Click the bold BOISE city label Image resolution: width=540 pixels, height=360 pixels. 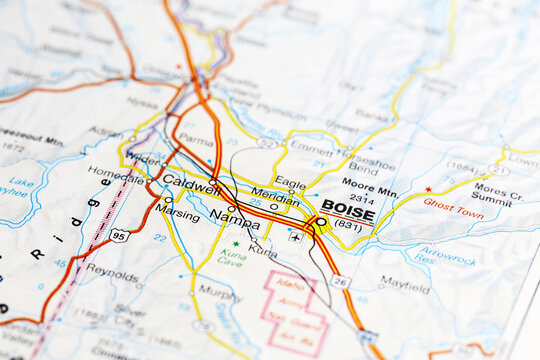[348, 212]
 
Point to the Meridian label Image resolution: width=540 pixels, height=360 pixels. [274, 195]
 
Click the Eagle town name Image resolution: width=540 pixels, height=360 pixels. [290, 183]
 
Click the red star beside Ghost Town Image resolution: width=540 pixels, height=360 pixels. [428, 188]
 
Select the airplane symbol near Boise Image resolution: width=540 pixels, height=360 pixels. [295, 237]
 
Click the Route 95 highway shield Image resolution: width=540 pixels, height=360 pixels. [119, 235]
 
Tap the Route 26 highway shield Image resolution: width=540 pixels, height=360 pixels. [341, 281]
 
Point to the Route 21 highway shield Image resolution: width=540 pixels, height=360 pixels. [498, 170]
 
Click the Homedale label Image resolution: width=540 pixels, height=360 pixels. [116, 171]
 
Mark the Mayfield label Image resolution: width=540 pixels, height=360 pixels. [405, 284]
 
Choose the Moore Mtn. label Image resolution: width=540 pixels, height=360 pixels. [369, 183]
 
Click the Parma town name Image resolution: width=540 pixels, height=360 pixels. [196, 140]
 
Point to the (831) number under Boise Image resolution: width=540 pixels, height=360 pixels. [347, 226]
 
